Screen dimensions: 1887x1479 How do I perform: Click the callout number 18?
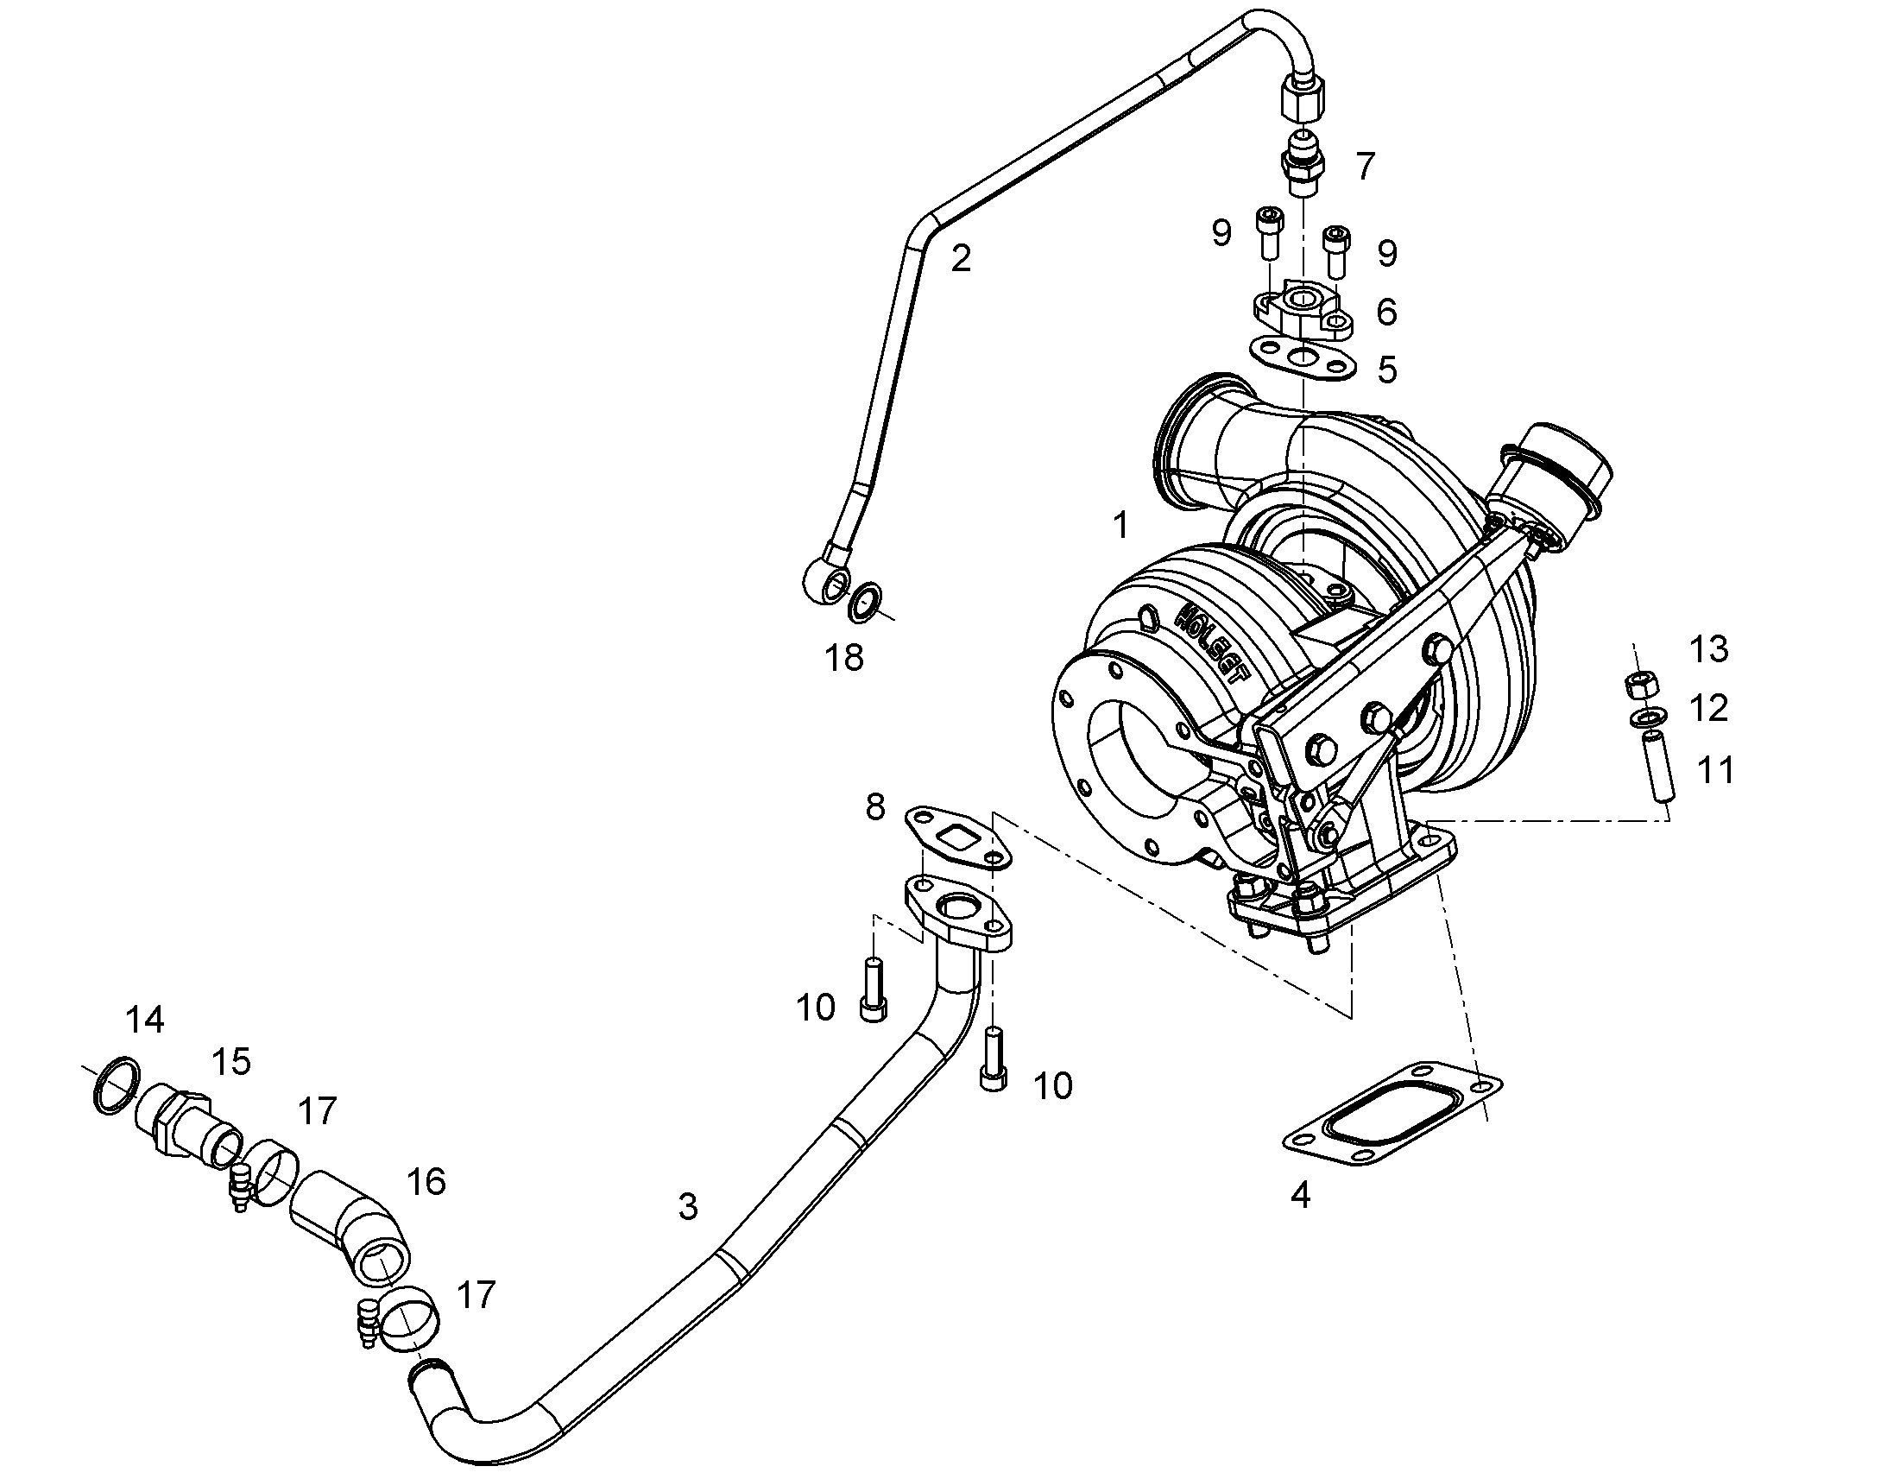844,658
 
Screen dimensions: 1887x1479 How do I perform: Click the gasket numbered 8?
958,837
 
